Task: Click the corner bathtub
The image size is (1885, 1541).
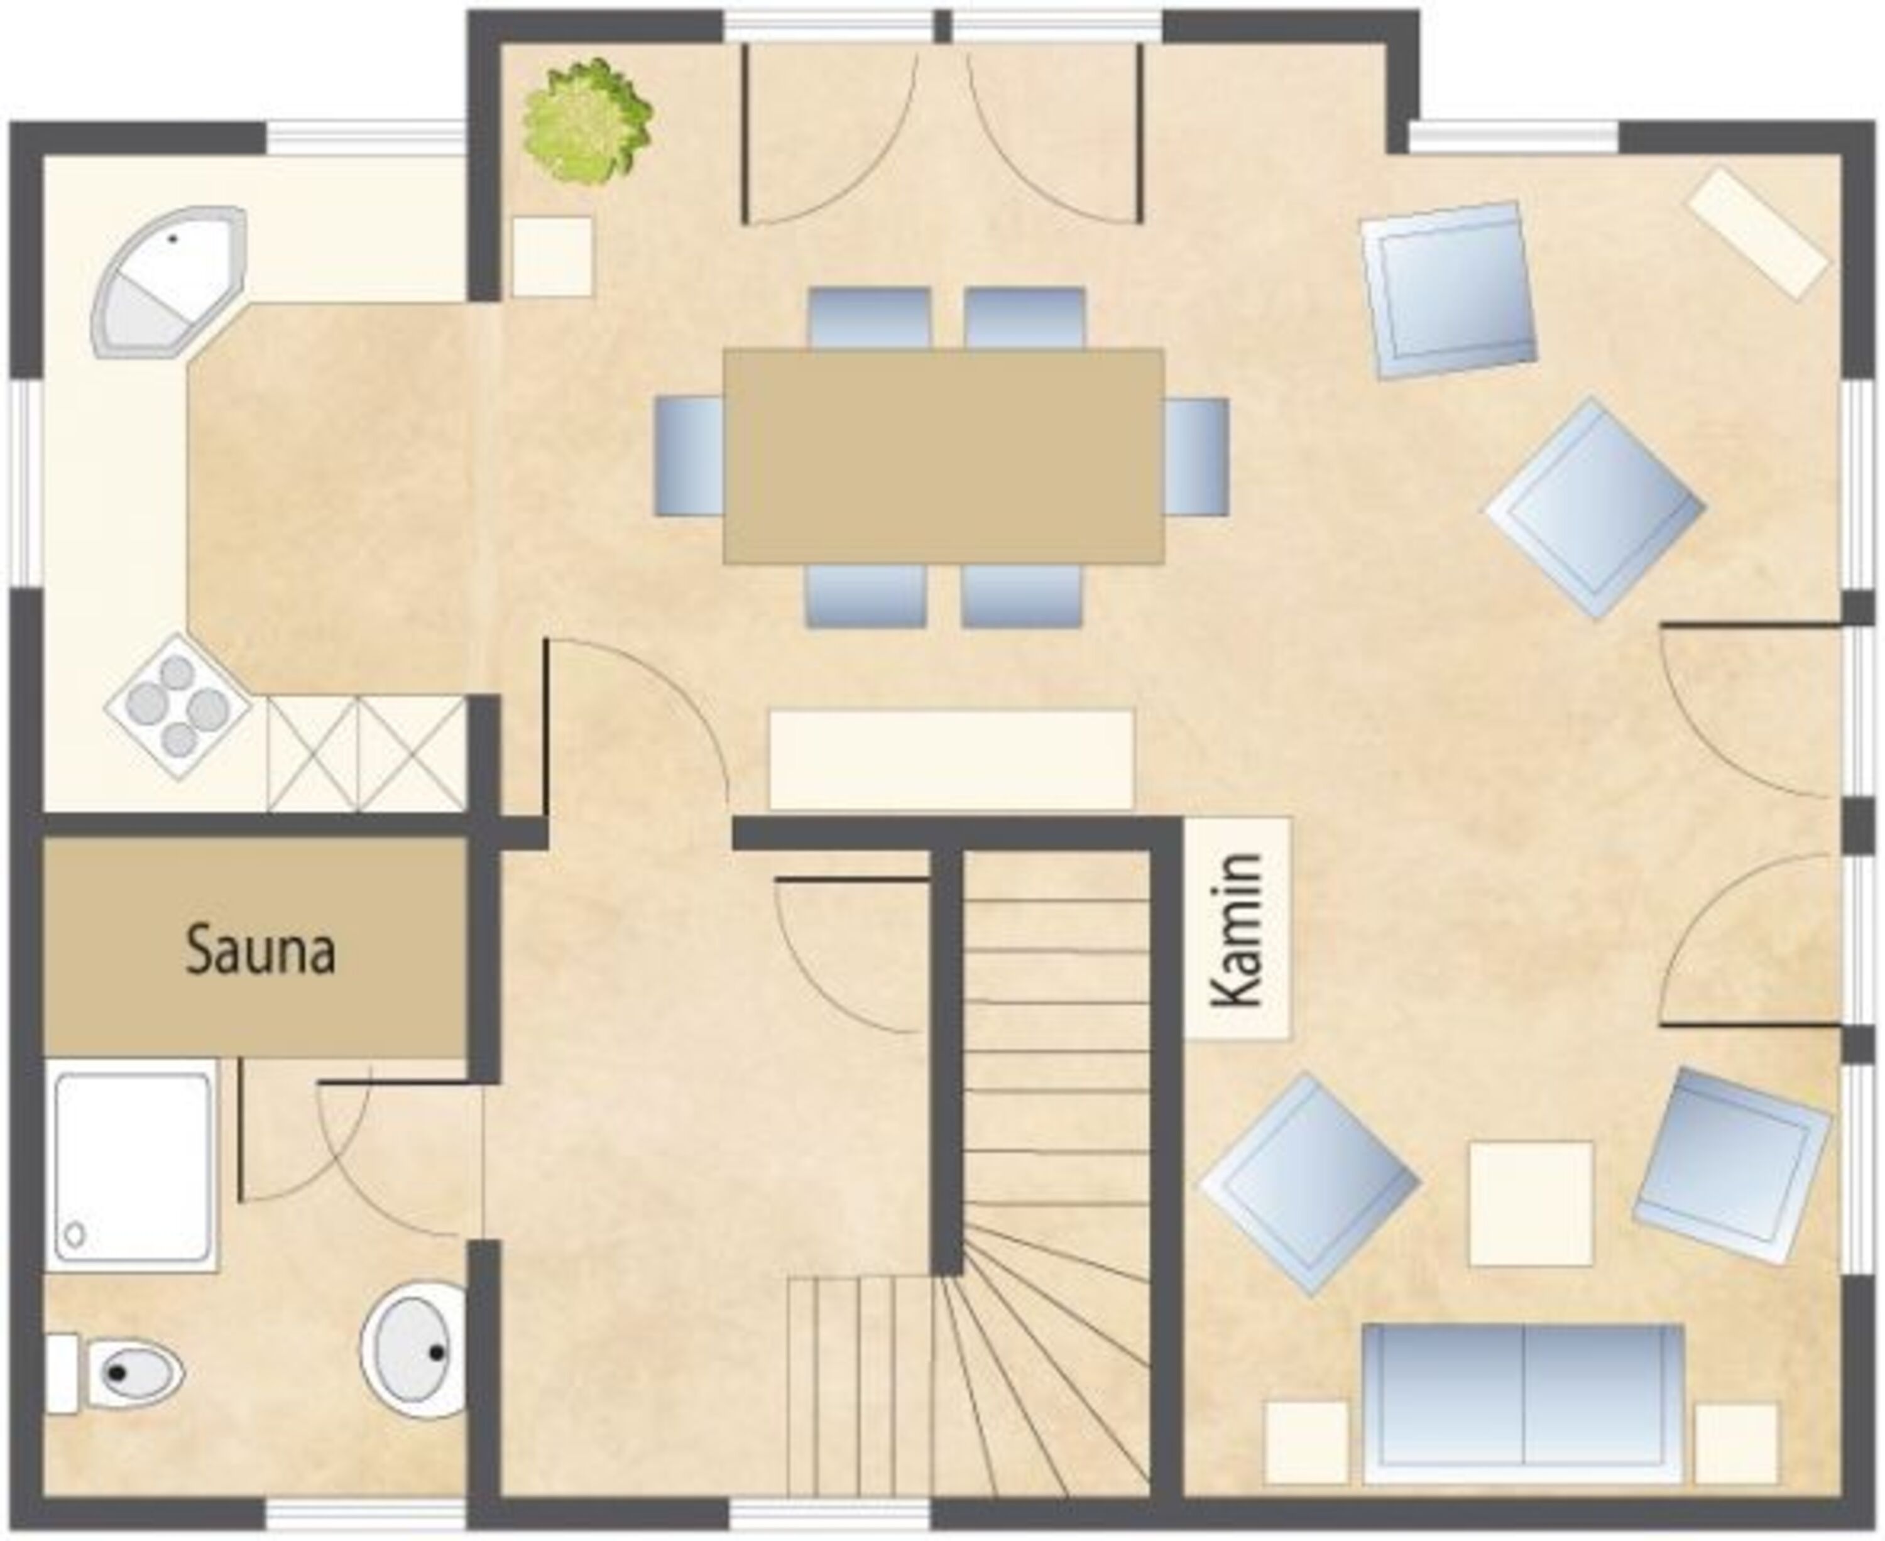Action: point(168,282)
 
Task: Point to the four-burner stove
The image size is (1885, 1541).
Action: point(178,707)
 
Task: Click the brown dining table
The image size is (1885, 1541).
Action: point(943,456)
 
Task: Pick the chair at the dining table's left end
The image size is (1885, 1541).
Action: point(689,456)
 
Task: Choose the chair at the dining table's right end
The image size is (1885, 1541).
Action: point(1196,456)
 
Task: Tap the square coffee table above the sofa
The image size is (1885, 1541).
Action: point(1531,1204)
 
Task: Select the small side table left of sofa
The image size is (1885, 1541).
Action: point(1307,1442)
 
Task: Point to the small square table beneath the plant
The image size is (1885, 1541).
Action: point(552,256)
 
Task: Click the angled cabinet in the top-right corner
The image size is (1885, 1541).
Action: point(1757,232)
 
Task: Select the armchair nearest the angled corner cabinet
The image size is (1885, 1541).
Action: point(1449,291)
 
